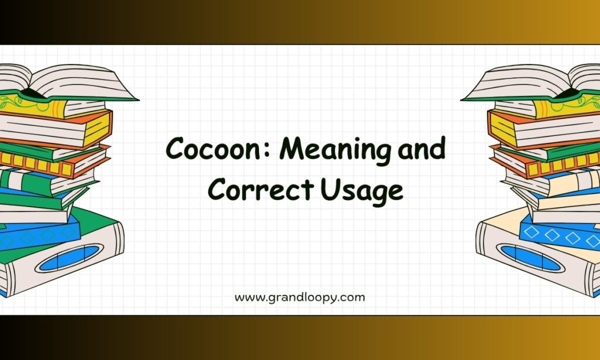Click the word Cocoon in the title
click(x=216, y=148)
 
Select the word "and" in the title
click(x=422, y=147)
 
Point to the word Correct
click(x=261, y=189)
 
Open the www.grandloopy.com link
click(x=299, y=298)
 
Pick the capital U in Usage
click(x=330, y=189)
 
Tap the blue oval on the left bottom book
click(x=69, y=258)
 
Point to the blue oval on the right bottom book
click(x=531, y=258)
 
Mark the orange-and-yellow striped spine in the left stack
click(x=36, y=165)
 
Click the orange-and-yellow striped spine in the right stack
click(x=563, y=165)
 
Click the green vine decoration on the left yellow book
click(x=15, y=101)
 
